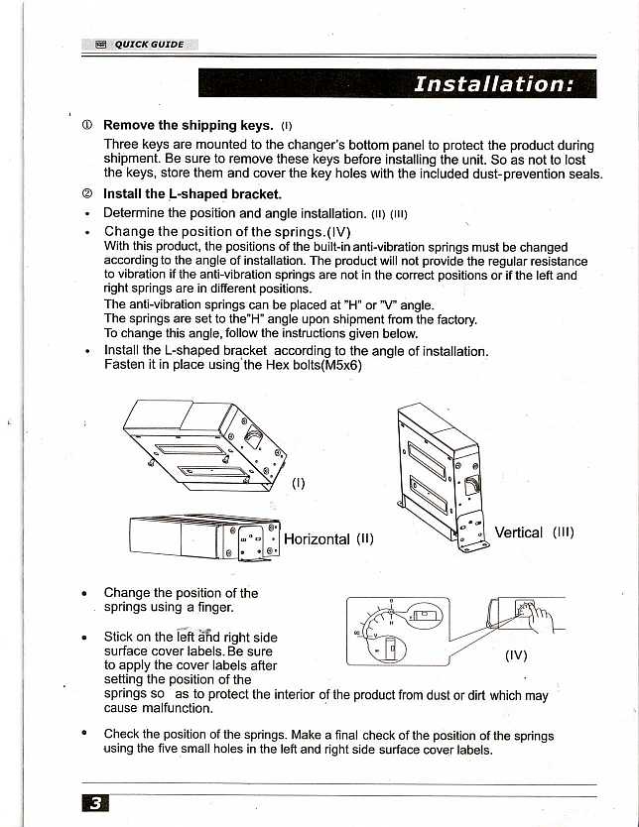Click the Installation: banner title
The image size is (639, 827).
tap(492, 83)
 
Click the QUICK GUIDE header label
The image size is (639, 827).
tap(149, 44)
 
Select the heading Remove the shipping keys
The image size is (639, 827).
tap(188, 125)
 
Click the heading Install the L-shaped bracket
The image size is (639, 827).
tap(192, 194)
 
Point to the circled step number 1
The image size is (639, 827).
tap(87, 126)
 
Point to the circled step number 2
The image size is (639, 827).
tap(87, 194)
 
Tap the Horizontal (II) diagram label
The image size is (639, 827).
tap(328, 539)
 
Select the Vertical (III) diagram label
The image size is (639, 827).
tap(534, 532)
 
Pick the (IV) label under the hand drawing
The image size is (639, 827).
tap(516, 654)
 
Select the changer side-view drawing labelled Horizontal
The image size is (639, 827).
tap(204, 540)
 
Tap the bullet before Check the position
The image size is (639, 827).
tap(87, 735)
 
